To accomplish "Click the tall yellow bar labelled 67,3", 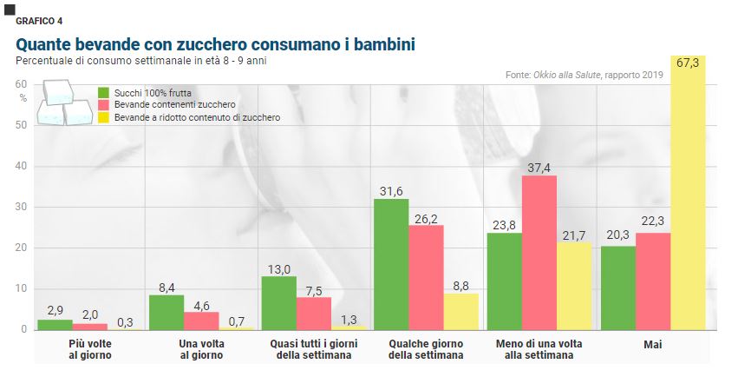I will click(x=688, y=193).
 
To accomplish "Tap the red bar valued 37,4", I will click(x=539, y=253).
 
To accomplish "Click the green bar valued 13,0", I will click(x=278, y=303).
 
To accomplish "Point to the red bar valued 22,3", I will click(x=653, y=281).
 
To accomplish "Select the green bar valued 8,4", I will click(x=167, y=312).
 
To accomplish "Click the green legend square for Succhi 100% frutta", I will click(x=103, y=92).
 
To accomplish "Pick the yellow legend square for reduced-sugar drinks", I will click(x=103, y=117).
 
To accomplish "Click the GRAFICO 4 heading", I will click(x=39, y=20).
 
